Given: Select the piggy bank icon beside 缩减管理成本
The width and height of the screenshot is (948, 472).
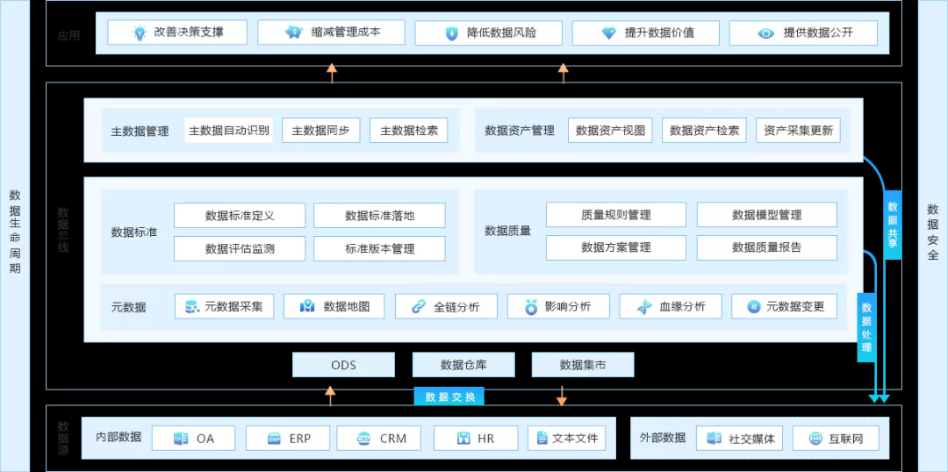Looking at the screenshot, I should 293,32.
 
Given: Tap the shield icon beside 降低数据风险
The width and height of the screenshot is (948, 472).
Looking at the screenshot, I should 452,33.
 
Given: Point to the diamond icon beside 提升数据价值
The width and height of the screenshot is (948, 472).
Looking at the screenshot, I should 609,33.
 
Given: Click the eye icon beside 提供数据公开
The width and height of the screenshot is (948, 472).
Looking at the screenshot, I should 766,33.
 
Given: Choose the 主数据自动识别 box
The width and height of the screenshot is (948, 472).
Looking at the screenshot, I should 229,131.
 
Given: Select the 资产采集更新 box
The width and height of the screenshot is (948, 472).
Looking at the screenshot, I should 798,131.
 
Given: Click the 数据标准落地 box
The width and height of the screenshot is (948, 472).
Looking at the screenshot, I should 379,216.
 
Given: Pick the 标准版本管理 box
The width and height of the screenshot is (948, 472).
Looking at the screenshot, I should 379,248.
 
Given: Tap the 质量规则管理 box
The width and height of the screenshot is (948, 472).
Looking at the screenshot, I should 615,215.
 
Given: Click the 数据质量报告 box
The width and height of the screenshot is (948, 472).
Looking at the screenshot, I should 766,247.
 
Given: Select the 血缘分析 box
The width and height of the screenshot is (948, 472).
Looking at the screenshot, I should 670,306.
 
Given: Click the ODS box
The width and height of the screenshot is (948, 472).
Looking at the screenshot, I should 343,365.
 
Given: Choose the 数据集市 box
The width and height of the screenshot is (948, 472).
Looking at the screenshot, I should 582,365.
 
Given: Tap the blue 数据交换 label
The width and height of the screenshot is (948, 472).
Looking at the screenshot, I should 449,397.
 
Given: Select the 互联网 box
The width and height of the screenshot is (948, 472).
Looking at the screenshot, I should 835,438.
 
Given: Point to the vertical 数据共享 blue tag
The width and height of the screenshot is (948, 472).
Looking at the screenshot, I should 893,225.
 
